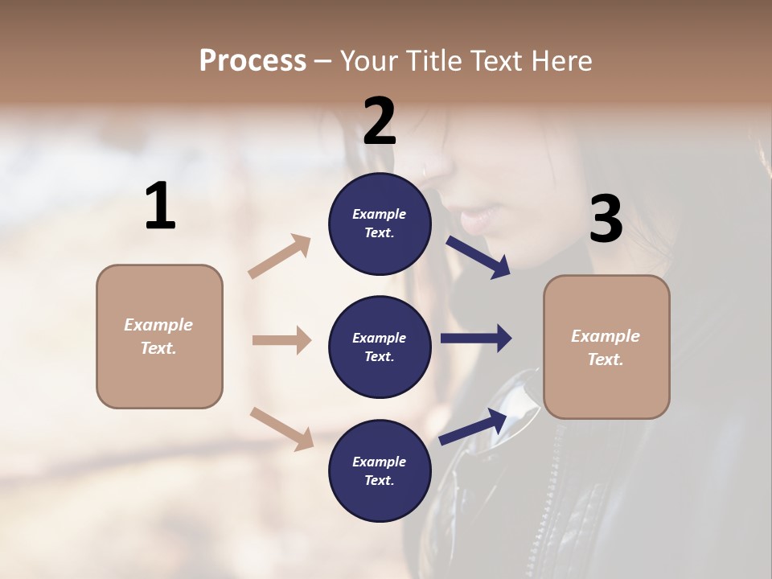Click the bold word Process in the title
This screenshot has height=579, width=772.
253,60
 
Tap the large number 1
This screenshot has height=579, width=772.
160,206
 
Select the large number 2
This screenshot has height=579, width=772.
380,121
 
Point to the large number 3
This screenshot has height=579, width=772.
606,220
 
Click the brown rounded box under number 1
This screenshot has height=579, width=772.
159,336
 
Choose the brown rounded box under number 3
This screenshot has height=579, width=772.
606,347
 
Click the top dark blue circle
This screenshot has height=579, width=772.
380,224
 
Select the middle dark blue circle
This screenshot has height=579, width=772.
380,347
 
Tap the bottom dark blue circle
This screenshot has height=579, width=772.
380,470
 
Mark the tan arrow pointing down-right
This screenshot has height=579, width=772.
281,429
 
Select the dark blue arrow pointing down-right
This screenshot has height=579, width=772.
478,257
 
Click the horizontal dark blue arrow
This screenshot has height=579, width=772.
475,339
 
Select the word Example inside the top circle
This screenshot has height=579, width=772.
379,214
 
